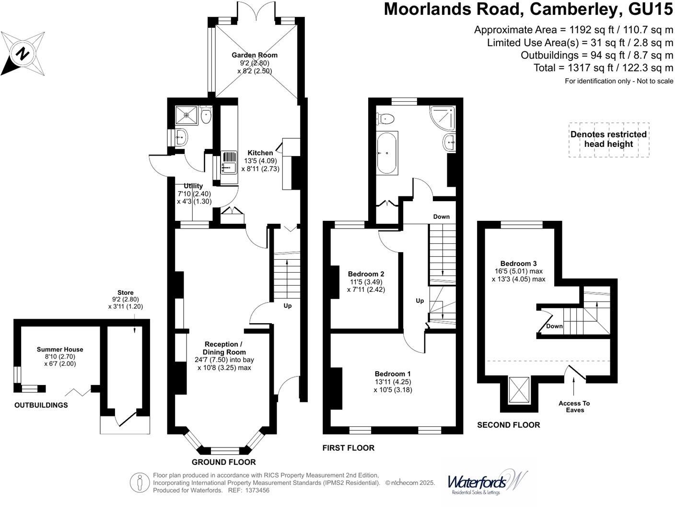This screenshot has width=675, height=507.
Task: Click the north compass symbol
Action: click(23, 53)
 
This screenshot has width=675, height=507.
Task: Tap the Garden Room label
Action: click(255, 55)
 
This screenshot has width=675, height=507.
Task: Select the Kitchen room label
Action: click(260, 153)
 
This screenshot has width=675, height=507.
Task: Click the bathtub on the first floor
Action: click(386, 153)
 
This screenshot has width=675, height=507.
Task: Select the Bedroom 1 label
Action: click(393, 374)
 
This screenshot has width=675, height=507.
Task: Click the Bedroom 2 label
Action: click(366, 274)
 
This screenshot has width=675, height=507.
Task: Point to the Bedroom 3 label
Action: click(518, 263)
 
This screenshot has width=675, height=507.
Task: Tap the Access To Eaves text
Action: click(574, 407)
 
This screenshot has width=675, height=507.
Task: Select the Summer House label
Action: click(60, 350)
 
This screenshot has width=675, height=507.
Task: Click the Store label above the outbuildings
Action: click(126, 292)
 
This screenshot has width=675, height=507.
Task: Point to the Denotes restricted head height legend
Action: click(608, 139)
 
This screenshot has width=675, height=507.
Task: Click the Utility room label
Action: click(193, 186)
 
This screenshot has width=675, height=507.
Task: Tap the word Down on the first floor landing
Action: click(442, 217)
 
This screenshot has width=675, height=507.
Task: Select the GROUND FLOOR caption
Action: click(223, 462)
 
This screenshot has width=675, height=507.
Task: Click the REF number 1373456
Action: click(257, 490)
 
